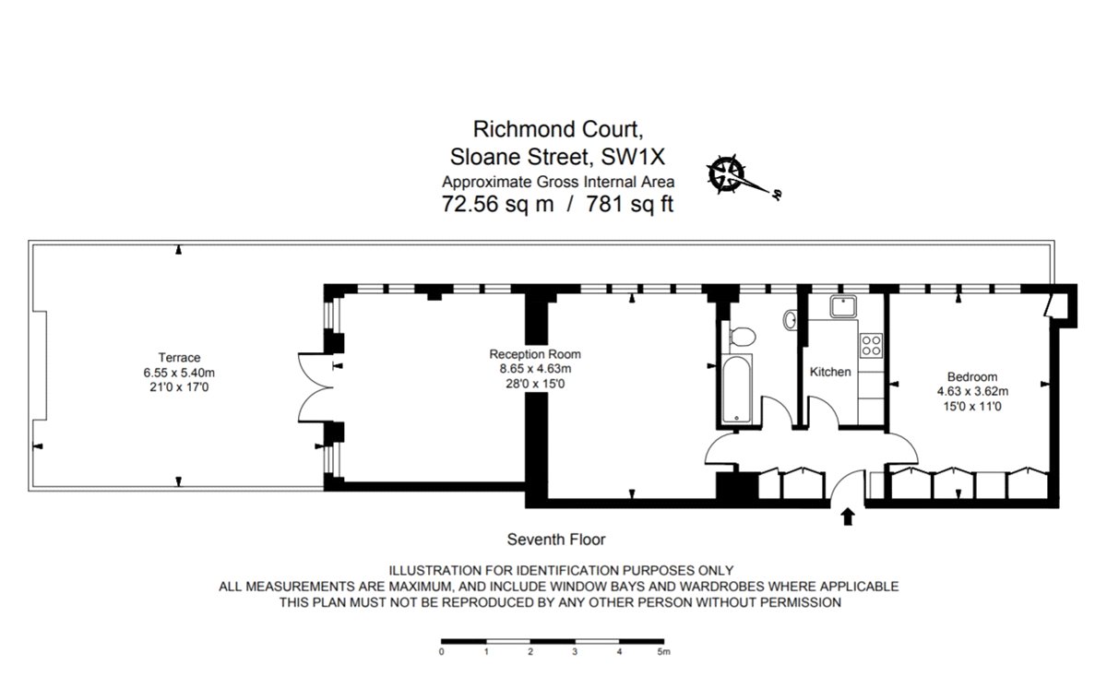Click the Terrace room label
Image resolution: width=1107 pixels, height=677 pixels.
pos(179,358)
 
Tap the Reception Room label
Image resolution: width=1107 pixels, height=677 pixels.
pos(535,354)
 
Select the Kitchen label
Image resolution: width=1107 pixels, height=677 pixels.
pos(830,373)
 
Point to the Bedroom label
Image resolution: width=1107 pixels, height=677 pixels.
pos(972,376)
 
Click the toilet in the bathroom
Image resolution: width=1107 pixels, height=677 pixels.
pos(741,337)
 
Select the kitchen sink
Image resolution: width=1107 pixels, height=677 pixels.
pos(844,306)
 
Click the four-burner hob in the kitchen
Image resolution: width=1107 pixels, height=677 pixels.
pos(871,345)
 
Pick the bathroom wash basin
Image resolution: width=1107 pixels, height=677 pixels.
pos(792,320)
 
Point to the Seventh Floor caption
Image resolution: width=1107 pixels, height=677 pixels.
pos(556,540)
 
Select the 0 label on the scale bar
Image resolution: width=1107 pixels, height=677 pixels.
pos(442,651)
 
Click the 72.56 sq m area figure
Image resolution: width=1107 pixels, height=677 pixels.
pos(498,205)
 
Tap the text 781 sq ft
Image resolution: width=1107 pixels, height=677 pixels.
pos(627,205)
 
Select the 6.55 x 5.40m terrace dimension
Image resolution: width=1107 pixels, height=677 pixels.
pos(179,373)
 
